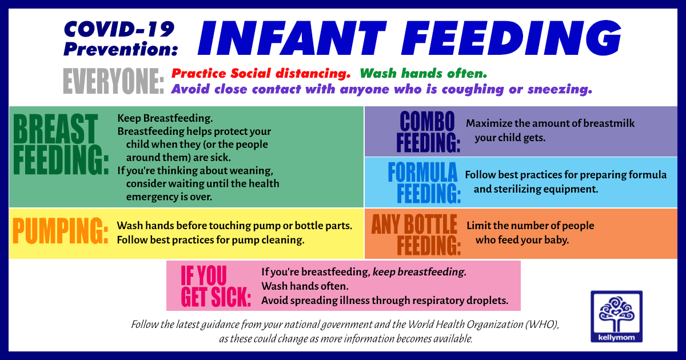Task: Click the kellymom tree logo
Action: [616, 316]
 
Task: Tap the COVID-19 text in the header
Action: [119, 29]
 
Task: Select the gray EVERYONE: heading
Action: [113, 81]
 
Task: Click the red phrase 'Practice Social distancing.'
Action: [261, 74]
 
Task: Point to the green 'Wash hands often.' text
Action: [423, 74]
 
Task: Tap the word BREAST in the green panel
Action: [55, 128]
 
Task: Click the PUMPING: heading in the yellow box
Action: [61, 230]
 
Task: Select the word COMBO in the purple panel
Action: [427, 122]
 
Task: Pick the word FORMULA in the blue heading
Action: [422, 173]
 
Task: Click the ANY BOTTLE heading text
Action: [414, 224]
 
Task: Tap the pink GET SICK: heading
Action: [216, 297]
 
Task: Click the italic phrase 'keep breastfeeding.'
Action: [419, 272]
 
